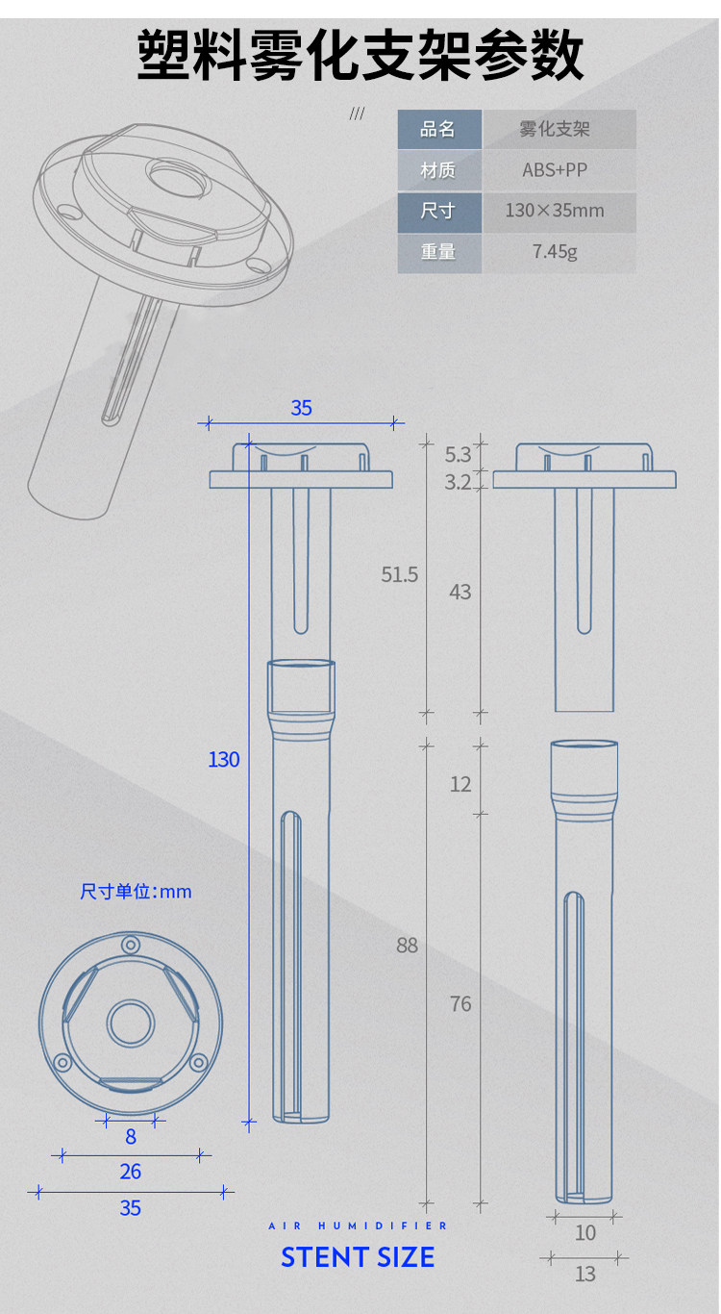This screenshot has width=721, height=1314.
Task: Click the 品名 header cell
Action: click(x=439, y=129)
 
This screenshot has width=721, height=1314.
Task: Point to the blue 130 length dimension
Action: click(x=224, y=760)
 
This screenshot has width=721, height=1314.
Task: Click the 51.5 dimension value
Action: click(x=400, y=574)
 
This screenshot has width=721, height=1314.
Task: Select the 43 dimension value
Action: click(x=460, y=592)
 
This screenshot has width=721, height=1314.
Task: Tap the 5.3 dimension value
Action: click(x=458, y=455)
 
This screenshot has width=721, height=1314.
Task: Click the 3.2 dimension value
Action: click(x=458, y=482)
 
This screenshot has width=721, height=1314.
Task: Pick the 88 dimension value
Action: click(x=407, y=945)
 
